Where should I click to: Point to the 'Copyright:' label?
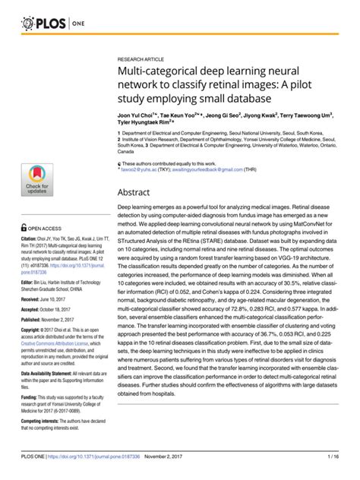point(33,332)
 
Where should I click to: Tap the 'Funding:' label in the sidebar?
point(30,396)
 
